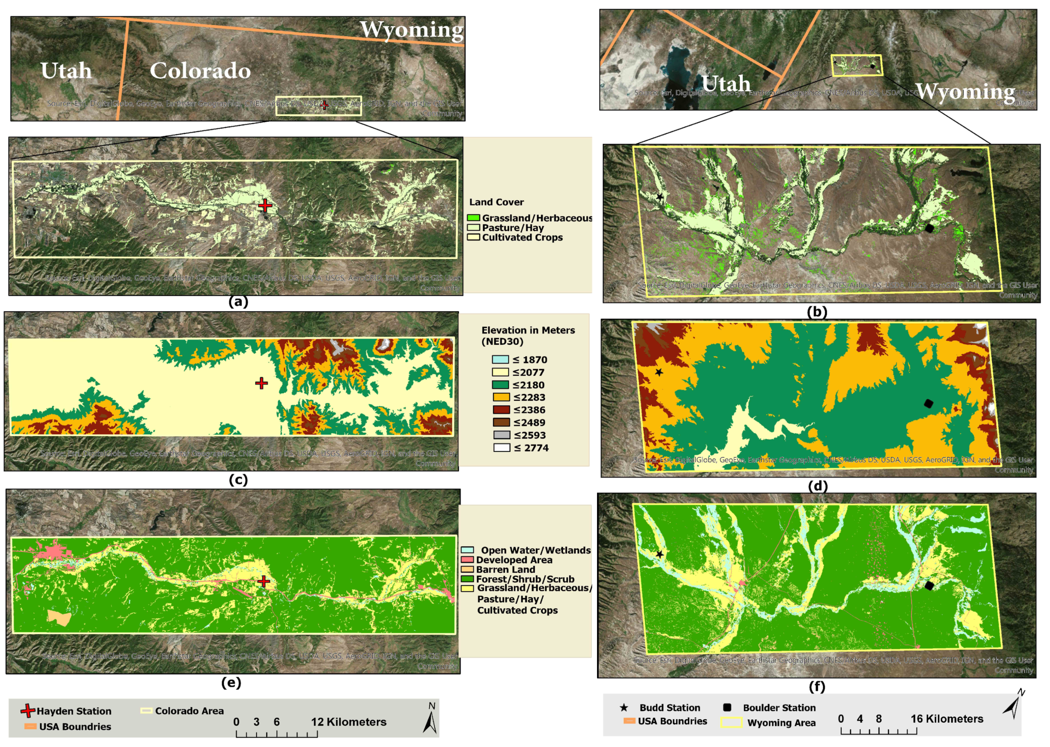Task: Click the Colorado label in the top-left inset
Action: point(200,71)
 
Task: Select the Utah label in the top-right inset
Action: point(726,84)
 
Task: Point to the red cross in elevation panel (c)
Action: point(261,383)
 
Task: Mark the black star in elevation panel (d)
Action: point(659,372)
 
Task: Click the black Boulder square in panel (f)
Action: point(929,586)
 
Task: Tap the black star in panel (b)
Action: point(659,197)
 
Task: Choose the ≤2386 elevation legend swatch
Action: point(501,410)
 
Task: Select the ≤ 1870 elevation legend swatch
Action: point(501,360)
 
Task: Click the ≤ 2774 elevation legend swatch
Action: point(501,447)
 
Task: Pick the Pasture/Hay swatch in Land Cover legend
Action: point(473,228)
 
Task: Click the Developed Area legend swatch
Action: point(467,560)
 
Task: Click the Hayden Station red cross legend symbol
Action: point(28,711)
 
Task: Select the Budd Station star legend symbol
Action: point(624,707)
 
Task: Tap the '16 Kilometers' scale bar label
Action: point(946,719)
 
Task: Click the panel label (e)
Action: point(231,683)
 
